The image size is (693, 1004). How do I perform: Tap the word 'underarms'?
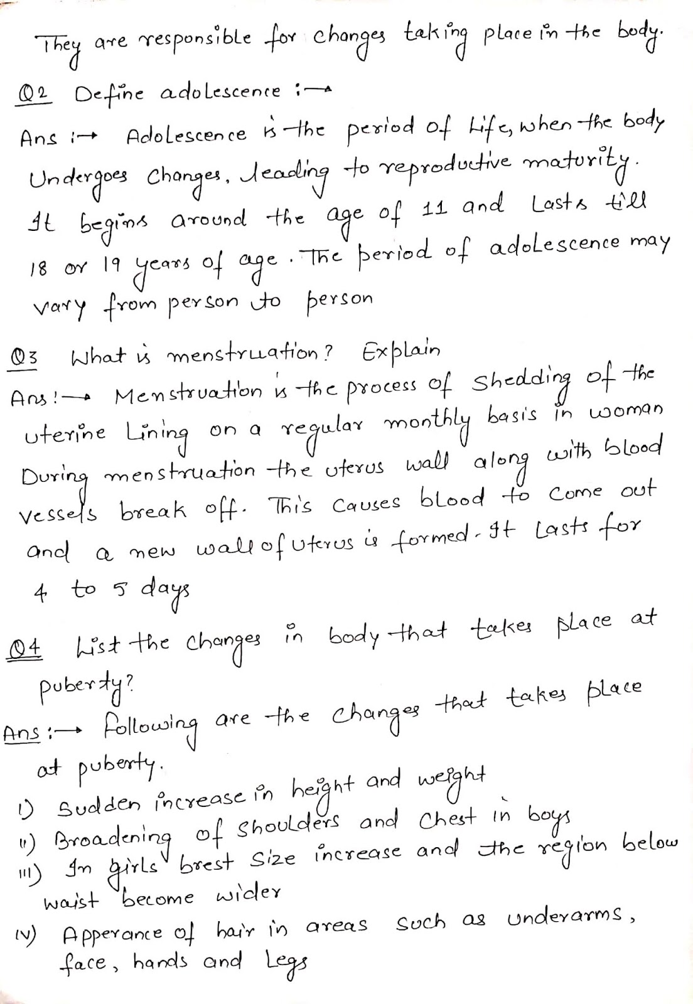[570, 919]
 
